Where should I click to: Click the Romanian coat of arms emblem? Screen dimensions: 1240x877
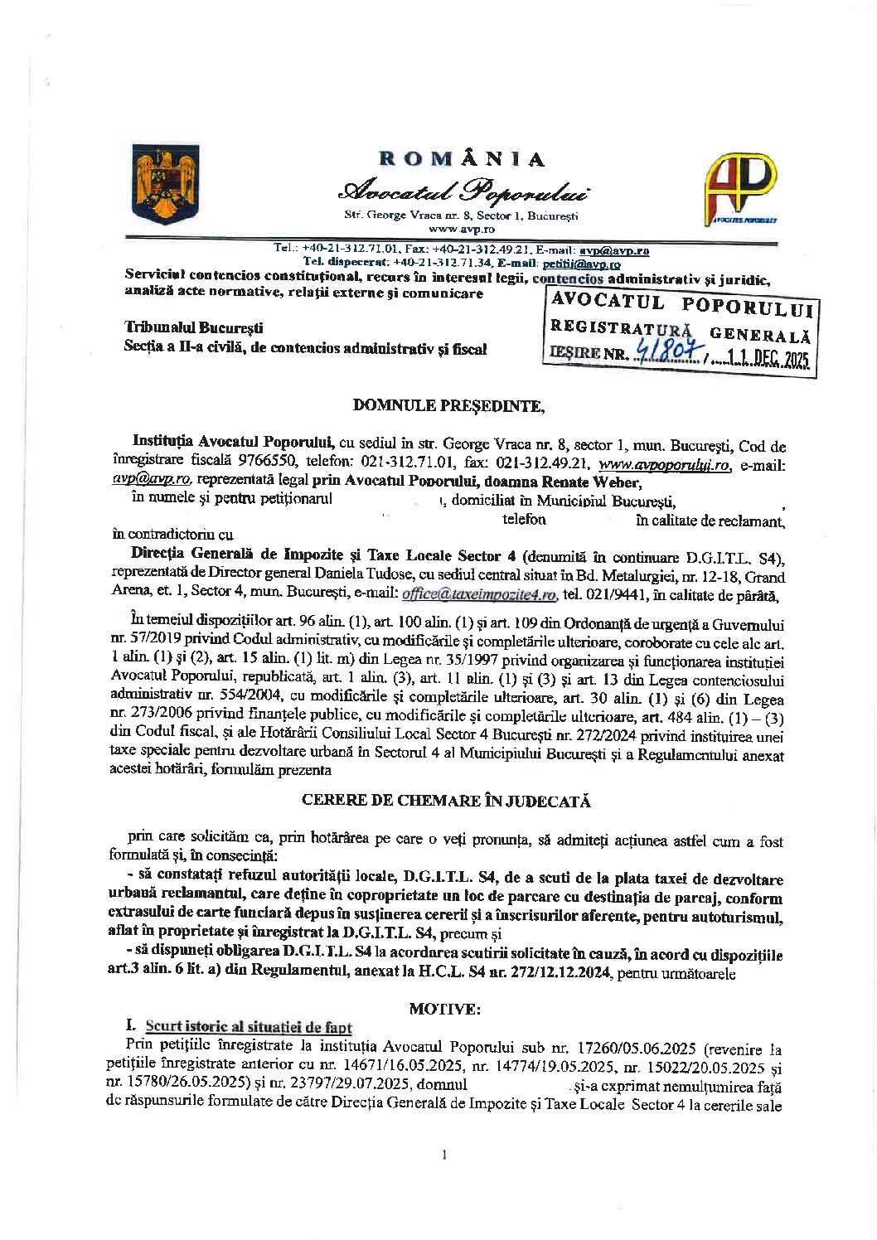point(166,184)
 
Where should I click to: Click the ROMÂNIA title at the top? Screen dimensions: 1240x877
point(461,159)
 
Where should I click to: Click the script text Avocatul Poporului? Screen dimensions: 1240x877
point(463,191)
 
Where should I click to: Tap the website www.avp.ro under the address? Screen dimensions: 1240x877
point(461,228)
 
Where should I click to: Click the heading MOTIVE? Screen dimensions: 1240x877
point(443,1009)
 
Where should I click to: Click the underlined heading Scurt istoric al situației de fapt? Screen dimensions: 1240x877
point(249,1027)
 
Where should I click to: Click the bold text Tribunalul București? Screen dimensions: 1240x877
point(193,329)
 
